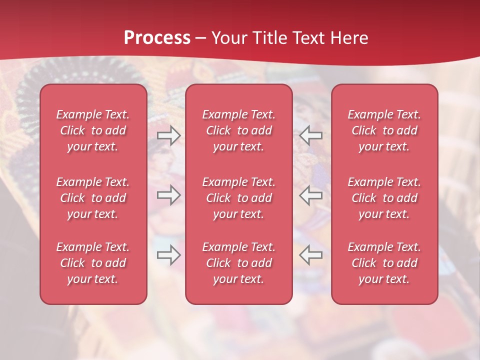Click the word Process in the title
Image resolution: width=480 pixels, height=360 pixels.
157,38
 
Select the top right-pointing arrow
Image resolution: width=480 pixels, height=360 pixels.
169,135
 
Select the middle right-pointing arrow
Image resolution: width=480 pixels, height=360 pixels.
169,195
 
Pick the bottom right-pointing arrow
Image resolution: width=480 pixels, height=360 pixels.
169,255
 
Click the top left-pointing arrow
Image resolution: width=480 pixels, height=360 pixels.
310,135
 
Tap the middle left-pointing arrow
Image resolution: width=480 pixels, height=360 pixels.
310,195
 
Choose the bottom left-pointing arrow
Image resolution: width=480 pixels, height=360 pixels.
310,255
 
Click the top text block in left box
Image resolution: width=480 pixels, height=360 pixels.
93,130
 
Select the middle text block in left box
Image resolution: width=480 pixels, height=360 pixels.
93,198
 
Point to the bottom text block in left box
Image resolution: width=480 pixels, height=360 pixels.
93,263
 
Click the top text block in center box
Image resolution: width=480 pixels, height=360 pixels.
238,130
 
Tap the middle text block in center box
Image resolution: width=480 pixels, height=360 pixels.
238,198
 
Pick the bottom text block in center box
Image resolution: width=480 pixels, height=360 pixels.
238,263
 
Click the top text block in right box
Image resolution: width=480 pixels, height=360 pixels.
384,130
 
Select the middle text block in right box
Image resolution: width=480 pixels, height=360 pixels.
384,198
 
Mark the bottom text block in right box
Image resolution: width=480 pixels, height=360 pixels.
384,263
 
